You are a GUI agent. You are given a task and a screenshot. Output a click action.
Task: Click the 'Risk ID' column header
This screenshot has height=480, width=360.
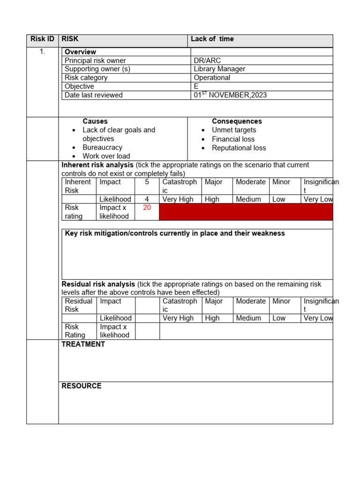click(42, 39)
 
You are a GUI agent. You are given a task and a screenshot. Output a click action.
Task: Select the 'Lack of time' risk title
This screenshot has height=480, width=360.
click(212, 39)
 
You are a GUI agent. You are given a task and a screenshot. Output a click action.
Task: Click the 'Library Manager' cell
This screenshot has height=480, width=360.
click(219, 69)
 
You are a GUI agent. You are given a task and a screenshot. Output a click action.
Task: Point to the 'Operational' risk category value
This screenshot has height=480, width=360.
click(212, 78)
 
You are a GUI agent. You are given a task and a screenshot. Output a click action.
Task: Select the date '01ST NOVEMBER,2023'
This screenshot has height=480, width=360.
click(230, 95)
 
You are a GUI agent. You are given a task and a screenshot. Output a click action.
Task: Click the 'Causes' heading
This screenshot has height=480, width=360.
click(95, 121)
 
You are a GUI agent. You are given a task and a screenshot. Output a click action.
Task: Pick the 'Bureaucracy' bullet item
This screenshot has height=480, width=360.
click(102, 148)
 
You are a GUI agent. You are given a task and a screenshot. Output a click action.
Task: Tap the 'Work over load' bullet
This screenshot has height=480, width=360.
click(106, 156)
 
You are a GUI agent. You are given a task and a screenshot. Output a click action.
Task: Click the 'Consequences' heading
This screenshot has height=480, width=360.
click(237, 121)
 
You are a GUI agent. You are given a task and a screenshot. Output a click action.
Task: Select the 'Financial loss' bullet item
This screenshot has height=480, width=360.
click(233, 139)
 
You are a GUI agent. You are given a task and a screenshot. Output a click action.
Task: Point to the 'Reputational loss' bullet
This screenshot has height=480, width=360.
click(239, 148)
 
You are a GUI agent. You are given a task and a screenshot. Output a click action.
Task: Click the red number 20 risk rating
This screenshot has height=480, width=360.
click(147, 208)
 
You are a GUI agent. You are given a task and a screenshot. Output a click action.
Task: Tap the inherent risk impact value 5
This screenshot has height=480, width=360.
click(147, 182)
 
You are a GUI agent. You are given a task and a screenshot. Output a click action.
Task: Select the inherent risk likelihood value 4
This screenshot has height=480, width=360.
click(147, 199)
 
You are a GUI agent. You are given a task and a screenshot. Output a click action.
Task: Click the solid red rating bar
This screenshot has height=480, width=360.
click(246, 212)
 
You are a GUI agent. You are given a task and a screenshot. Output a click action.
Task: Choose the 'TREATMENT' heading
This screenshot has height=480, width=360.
click(83, 345)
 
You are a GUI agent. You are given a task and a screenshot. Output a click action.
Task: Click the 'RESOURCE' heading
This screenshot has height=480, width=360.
click(82, 386)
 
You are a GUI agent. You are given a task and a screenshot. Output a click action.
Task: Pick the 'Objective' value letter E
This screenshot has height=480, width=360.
click(196, 87)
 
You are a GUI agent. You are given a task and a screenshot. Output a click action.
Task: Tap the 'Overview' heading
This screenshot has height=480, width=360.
click(80, 52)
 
